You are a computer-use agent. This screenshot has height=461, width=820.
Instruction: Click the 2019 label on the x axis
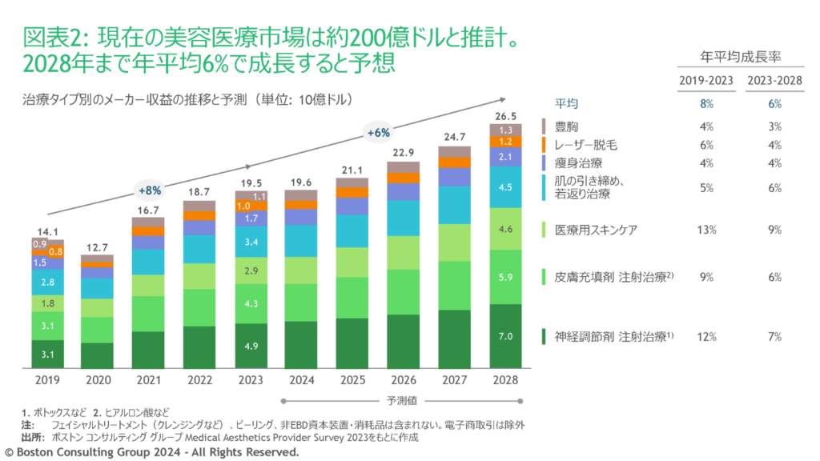point(47,380)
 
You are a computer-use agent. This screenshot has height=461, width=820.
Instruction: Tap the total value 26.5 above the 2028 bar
point(506,115)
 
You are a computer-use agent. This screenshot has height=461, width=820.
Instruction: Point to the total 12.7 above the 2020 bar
point(98,247)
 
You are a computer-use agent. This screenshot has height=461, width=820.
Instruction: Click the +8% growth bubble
point(150,190)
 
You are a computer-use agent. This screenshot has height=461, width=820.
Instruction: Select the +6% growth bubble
point(378,133)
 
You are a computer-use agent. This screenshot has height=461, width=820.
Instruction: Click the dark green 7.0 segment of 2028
point(506,336)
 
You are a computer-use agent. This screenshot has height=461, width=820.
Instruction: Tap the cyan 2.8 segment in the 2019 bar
point(47,282)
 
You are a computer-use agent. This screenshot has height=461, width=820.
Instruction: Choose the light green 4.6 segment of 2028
point(506,229)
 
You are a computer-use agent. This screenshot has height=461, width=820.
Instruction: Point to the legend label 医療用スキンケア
point(597,230)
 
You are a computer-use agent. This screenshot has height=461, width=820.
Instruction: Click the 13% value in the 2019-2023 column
point(707,230)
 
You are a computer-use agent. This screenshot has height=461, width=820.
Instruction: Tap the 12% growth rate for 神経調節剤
point(707,337)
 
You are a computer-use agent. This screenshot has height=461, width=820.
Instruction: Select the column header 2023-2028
point(774,80)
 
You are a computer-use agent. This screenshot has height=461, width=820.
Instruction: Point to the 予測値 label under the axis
point(396,399)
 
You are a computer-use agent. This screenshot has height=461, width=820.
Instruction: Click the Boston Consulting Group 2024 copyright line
point(152,452)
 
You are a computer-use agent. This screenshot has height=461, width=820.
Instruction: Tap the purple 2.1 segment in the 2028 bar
point(506,158)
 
